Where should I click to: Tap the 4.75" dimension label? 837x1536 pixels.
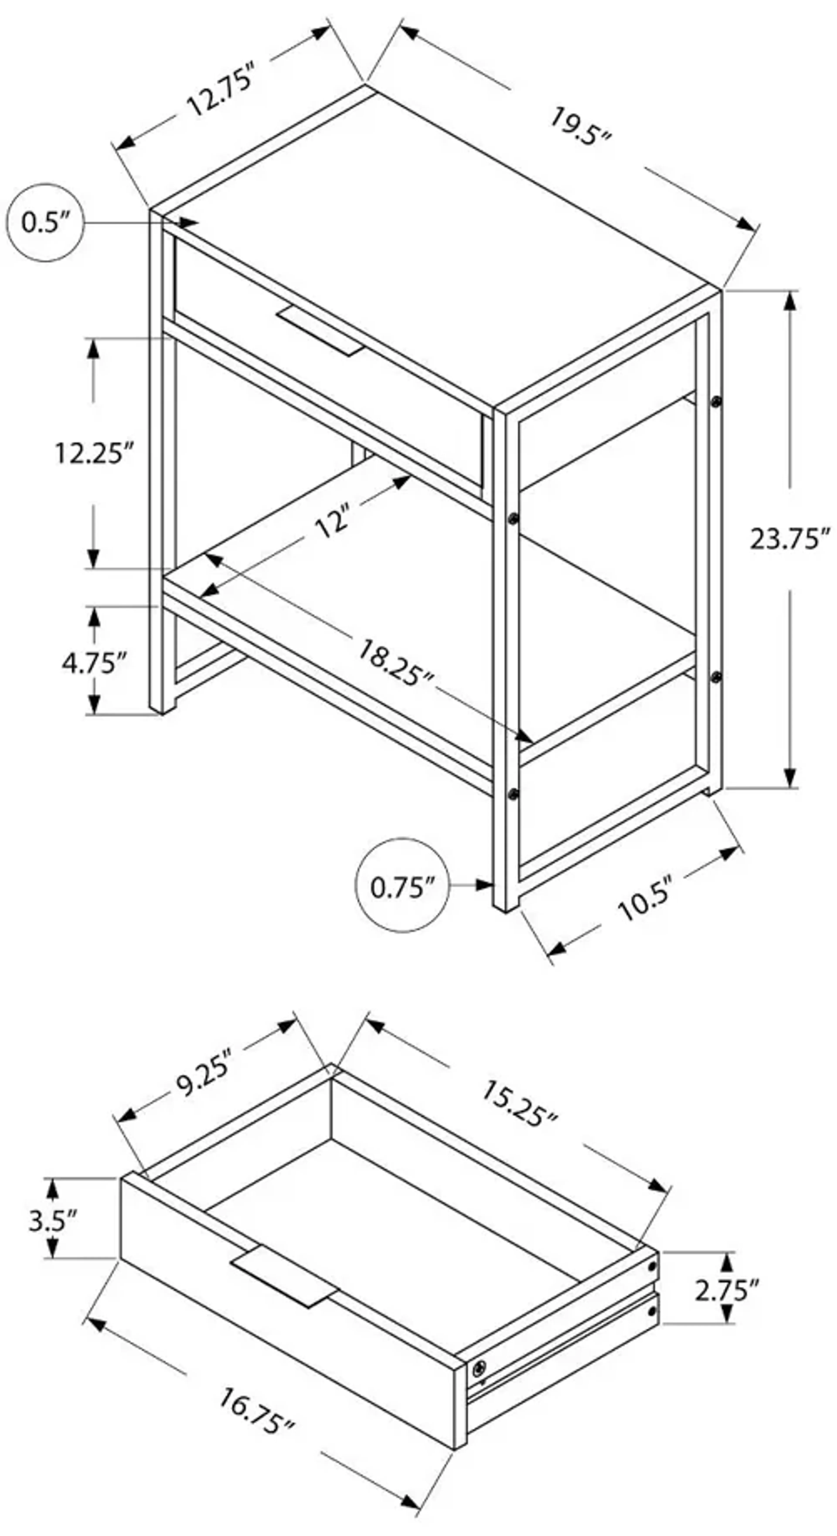(x=94, y=663)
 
